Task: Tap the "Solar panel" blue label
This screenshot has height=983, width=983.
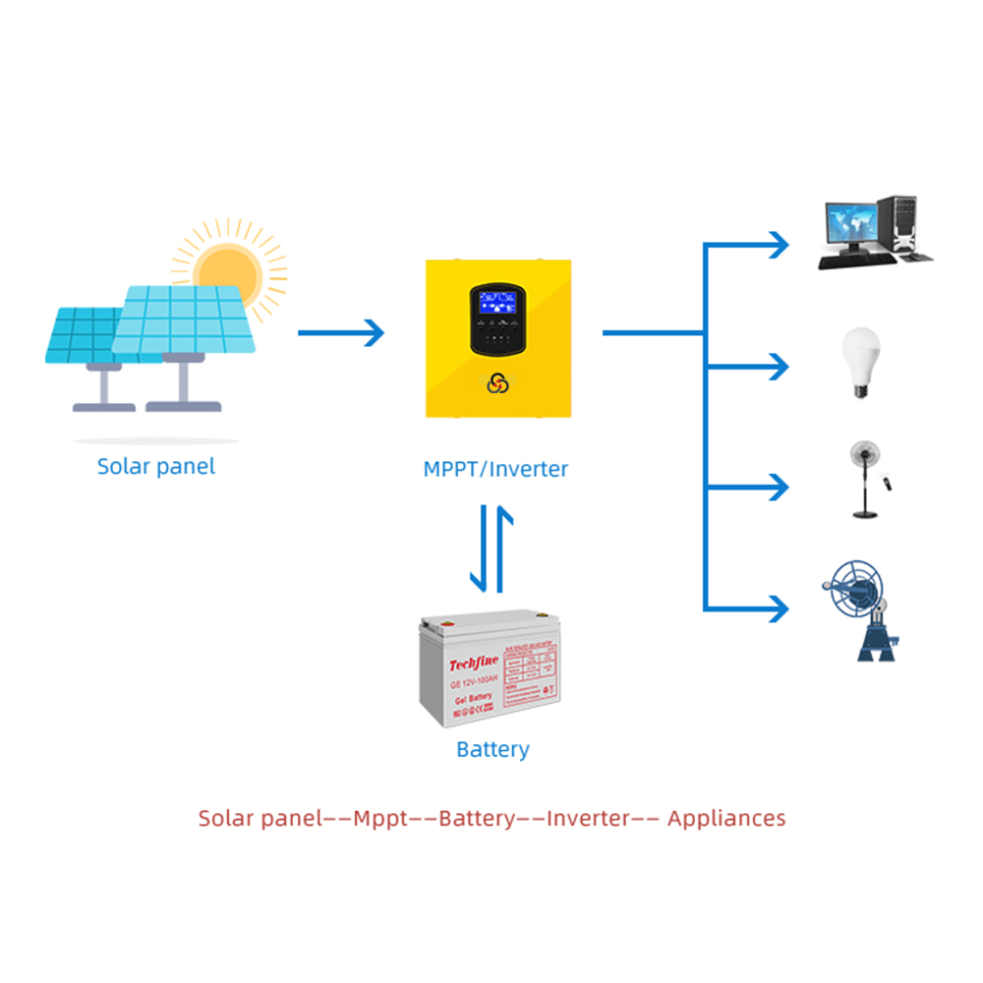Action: click(155, 466)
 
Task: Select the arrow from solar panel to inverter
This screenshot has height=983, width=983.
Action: click(340, 333)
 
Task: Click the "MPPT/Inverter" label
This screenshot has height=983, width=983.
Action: click(495, 469)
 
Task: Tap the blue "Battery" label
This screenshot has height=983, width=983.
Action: click(492, 749)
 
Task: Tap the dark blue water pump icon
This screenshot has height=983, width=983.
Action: click(862, 611)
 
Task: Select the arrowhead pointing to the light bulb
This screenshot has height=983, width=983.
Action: click(780, 367)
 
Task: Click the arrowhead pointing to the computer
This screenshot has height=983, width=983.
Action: click(780, 244)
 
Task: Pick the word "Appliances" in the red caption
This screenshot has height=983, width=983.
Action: click(726, 818)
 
